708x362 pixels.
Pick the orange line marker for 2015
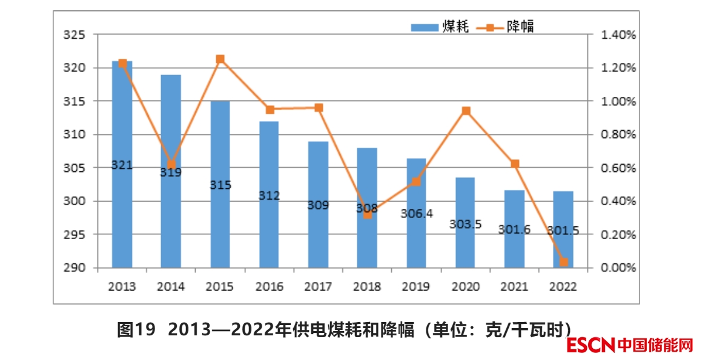coord(220,59)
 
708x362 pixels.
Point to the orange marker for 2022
coord(564,262)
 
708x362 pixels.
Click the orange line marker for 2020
coord(466,111)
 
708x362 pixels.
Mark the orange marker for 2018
coord(368,214)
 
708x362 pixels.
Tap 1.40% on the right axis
coord(618,35)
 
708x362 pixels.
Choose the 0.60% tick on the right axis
coord(618,168)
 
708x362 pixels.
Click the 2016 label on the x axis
coord(270,286)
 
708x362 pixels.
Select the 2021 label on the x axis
coord(515,286)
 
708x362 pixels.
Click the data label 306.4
coord(417,214)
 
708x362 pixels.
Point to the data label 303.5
coord(466,224)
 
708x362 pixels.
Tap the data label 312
coord(270,196)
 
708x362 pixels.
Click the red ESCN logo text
coord(592,346)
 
